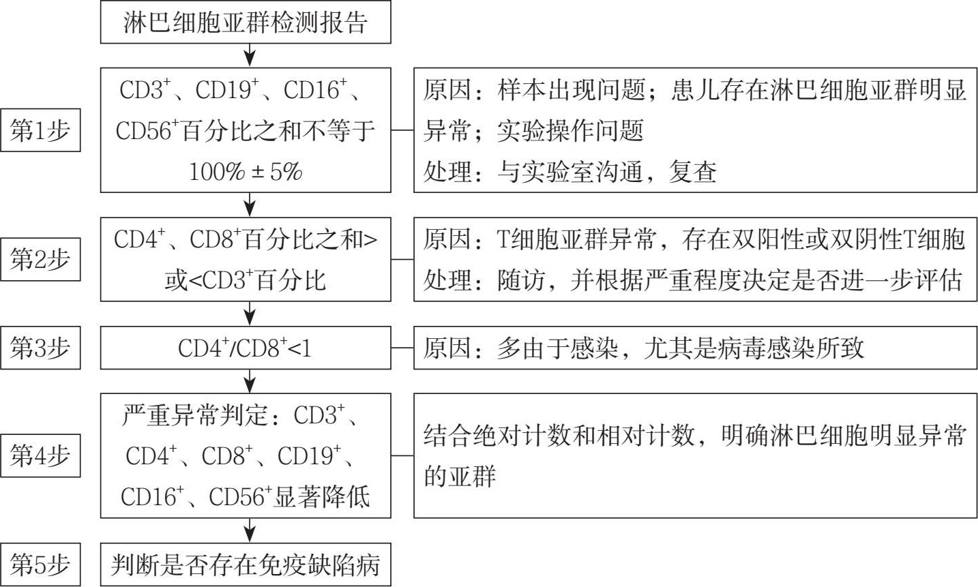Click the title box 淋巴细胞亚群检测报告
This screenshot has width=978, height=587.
pyautogui.click(x=246, y=22)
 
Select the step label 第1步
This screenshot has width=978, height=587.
pyautogui.click(x=40, y=130)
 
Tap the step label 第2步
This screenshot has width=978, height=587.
pyautogui.click(x=40, y=259)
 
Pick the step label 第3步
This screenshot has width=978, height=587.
pyautogui.click(x=40, y=348)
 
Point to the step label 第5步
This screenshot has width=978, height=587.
pyautogui.click(x=40, y=565)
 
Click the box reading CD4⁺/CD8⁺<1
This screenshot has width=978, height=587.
pyautogui.click(x=246, y=348)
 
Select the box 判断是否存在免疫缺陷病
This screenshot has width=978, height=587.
pyautogui.click(x=246, y=565)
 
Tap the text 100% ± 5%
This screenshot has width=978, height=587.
pyautogui.click(x=246, y=171)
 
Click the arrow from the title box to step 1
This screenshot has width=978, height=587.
pyautogui.click(x=250, y=55)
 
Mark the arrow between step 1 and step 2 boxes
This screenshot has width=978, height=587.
pyautogui.click(x=250, y=205)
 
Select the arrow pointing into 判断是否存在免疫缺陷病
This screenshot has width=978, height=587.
pyautogui.click(x=250, y=530)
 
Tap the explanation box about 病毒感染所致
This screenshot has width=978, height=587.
pyautogui.click(x=695, y=348)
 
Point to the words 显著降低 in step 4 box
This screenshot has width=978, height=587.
pyautogui.click(x=322, y=496)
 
